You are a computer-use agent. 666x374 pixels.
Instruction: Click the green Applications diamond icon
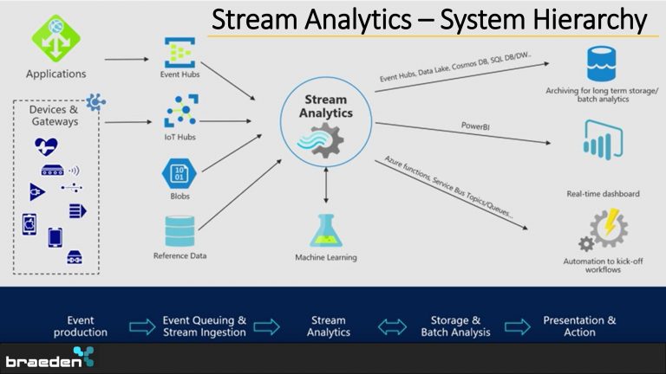pyautogui.click(x=56, y=39)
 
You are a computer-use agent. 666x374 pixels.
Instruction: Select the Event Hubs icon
pyautogui.click(x=180, y=53)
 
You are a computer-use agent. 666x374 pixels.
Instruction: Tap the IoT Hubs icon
pyautogui.click(x=181, y=111)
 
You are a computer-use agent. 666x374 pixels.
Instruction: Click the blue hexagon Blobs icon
pyautogui.click(x=180, y=173)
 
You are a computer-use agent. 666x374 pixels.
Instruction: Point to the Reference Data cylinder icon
pyautogui.click(x=180, y=231)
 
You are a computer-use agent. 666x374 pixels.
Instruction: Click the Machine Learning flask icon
pyautogui.click(x=326, y=230)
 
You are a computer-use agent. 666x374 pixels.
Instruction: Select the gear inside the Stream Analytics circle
pyautogui.click(x=326, y=140)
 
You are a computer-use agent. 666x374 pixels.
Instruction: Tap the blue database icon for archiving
pyautogui.click(x=602, y=64)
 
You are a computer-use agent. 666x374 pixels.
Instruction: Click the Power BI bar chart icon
pyautogui.click(x=604, y=140)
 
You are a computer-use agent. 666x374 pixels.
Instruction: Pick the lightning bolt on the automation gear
pyautogui.click(x=610, y=222)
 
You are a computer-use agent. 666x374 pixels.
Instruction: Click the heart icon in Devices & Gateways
pyautogui.click(x=46, y=146)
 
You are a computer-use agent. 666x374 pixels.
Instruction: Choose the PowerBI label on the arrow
pyautogui.click(x=475, y=126)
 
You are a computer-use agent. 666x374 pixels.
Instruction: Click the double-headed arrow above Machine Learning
pyautogui.click(x=326, y=185)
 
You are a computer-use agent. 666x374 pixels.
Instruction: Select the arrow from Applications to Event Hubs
pyautogui.click(x=127, y=60)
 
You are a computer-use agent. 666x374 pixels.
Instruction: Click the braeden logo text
pyautogui.click(x=43, y=362)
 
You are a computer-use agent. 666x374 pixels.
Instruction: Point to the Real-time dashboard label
pyautogui.click(x=603, y=194)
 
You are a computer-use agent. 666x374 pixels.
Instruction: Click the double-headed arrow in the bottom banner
pyautogui.click(x=392, y=327)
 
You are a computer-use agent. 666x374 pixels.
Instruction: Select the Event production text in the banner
pyautogui.click(x=81, y=326)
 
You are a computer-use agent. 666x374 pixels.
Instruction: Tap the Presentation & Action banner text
pyautogui.click(x=579, y=326)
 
